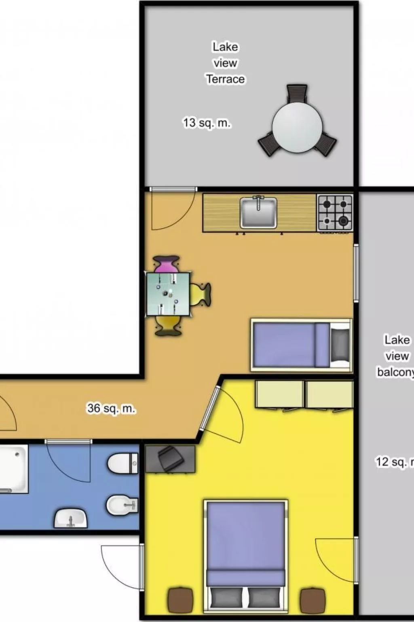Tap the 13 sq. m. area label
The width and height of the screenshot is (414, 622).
(207, 123)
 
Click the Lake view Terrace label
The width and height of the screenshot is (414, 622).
(225, 63)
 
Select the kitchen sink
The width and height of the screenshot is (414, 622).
(258, 213)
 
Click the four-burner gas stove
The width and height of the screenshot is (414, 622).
(335, 212)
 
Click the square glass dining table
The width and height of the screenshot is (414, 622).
(168, 294)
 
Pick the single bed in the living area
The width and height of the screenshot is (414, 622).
(301, 345)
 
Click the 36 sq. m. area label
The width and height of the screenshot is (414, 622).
(111, 408)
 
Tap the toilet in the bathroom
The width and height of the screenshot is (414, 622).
(123, 463)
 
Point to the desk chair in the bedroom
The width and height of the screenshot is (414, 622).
(170, 460)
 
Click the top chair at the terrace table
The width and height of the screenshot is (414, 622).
(297, 94)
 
